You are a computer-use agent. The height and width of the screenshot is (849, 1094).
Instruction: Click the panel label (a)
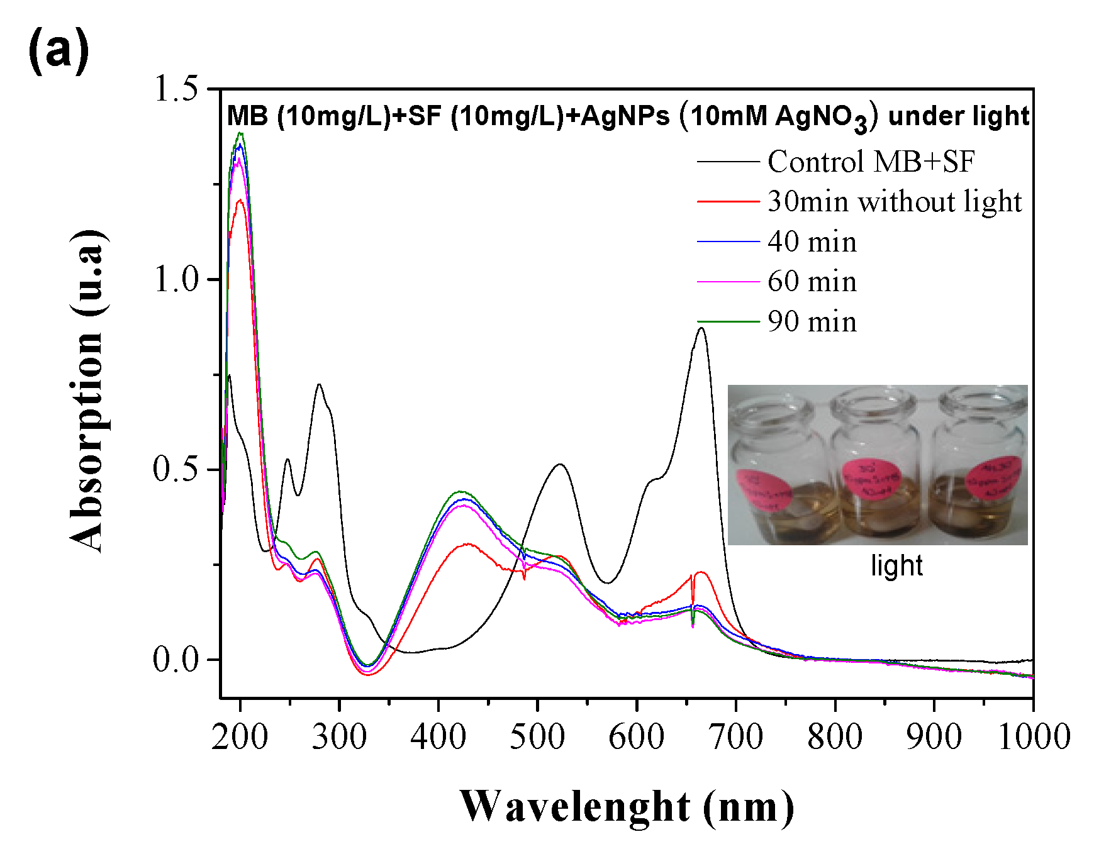pos(59,52)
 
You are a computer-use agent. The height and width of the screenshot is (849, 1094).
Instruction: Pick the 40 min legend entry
pos(812,242)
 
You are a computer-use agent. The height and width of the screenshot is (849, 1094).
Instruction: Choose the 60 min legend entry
pos(812,282)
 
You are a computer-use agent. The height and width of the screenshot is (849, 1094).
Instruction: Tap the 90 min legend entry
pos(812,322)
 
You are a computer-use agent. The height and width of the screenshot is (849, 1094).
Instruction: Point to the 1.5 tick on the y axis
pos(183,89)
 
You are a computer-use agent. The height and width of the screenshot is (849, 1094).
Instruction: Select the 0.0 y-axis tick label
pos(183,660)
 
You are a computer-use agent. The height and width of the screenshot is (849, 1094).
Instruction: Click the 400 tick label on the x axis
pos(438,736)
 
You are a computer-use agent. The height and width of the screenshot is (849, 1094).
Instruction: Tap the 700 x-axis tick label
pos(736,736)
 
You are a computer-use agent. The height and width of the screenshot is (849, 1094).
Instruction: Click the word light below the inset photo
pos(896,565)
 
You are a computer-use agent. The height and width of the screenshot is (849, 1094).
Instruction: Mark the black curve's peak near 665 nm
pos(701,328)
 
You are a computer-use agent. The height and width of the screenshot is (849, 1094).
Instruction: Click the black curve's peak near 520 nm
pos(559,465)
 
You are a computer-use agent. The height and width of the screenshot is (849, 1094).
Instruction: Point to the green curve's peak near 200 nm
pos(240,133)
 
